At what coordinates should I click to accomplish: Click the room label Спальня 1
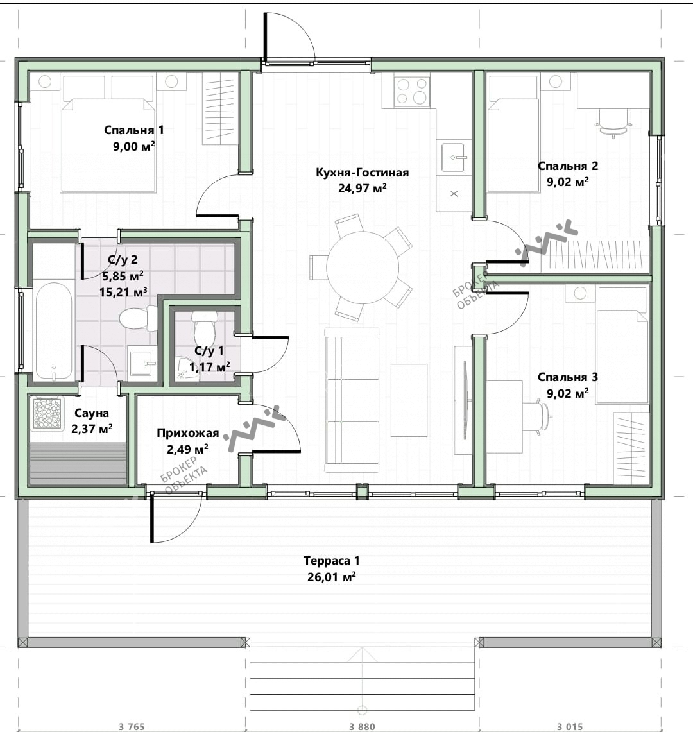click(133, 130)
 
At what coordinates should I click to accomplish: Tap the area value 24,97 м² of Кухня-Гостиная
click(363, 188)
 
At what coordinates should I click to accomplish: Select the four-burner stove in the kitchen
click(411, 91)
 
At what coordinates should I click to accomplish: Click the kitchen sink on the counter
click(454, 157)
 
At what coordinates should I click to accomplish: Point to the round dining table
click(363, 268)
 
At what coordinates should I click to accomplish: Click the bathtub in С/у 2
click(54, 331)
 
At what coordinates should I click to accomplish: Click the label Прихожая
click(188, 433)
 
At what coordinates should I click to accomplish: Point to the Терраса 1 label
click(332, 561)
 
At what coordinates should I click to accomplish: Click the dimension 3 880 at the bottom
click(362, 726)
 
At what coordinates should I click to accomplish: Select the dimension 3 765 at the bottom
click(132, 726)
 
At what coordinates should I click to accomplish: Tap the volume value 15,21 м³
click(123, 293)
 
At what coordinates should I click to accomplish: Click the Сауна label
click(92, 413)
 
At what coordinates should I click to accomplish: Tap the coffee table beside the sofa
click(409, 400)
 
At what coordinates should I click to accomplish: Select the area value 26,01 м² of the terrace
click(332, 577)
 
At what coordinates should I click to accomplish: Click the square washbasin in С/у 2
click(142, 363)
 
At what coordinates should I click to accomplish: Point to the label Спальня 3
click(567, 377)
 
